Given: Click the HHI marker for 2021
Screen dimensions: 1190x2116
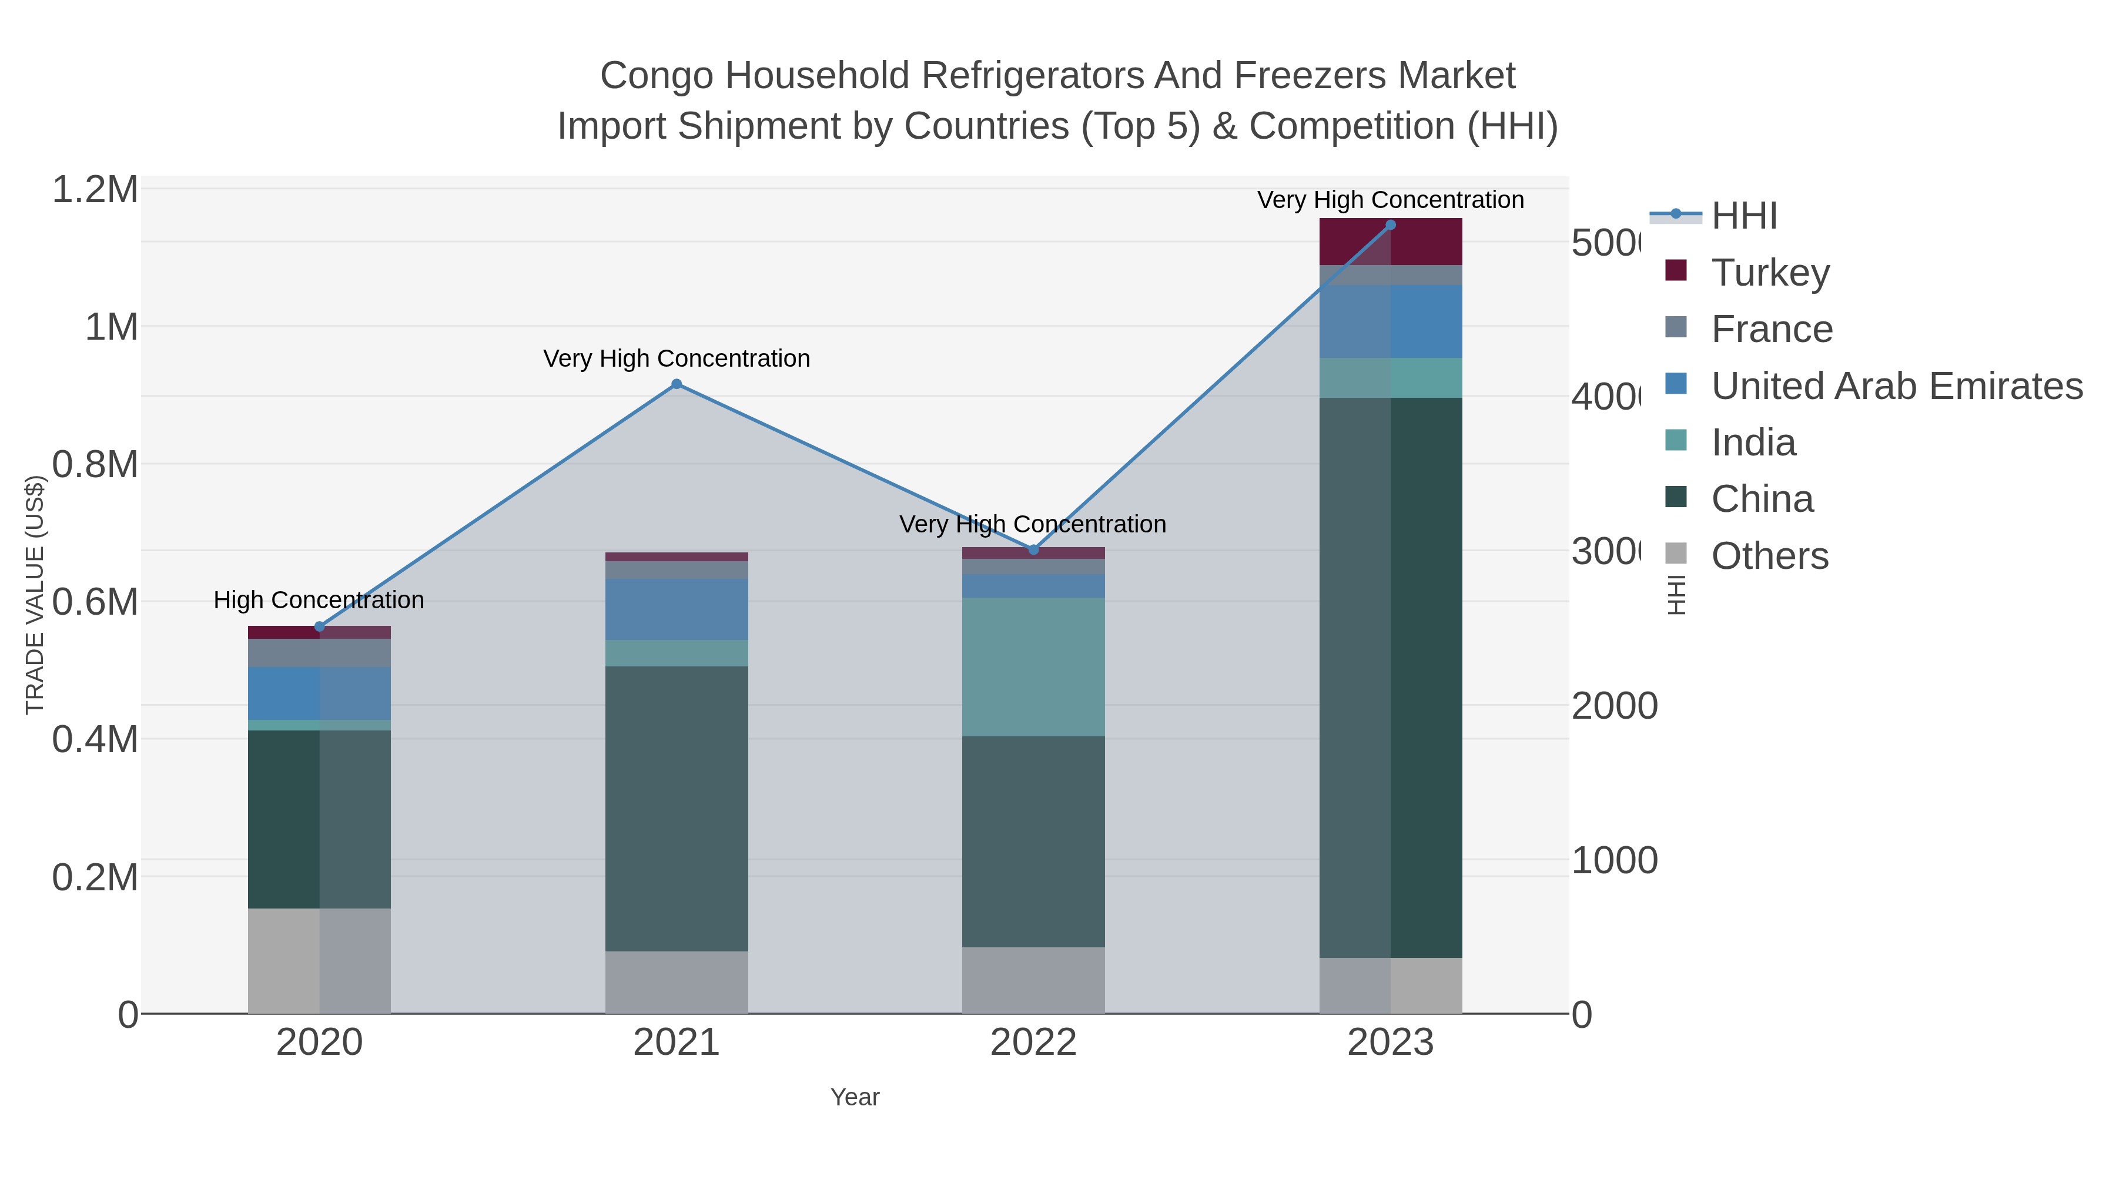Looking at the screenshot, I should click(676, 384).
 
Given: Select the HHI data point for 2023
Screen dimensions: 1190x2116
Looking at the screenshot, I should click(1390, 225).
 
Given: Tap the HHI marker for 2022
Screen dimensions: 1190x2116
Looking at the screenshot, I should click(1033, 549).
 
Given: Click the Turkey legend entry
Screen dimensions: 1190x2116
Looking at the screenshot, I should click(1770, 273).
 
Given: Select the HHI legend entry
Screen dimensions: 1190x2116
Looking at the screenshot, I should click(1744, 216).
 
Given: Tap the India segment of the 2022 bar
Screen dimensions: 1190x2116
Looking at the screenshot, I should click(1033, 667).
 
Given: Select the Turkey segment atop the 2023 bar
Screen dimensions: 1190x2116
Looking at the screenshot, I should click(1390, 242).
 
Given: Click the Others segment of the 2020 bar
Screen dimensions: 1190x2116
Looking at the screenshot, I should click(319, 960).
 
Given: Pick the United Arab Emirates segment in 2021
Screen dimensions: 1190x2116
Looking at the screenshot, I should click(676, 609).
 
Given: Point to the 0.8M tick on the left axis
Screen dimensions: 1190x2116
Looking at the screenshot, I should click(95, 465).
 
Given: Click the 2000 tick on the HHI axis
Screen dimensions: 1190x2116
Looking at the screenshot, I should click(1614, 706).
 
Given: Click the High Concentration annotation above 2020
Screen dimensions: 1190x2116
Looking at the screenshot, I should click(319, 601).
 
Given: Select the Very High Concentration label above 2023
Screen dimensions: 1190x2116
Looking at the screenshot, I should click(1390, 200).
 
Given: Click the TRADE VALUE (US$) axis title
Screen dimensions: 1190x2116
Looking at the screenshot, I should click(35, 595).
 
